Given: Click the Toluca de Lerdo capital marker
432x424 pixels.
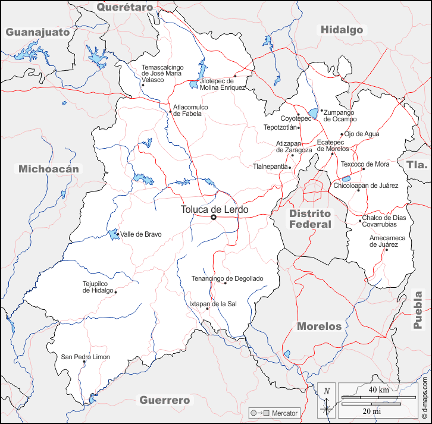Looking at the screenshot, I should tap(214, 217).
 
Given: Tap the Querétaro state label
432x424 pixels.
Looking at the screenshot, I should tap(125, 7).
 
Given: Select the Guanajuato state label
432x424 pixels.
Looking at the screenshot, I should tap(38, 32).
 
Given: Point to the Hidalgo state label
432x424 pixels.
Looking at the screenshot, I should tap(342, 30).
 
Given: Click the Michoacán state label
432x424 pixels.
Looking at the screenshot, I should tap(48, 169).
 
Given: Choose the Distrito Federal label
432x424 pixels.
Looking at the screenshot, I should tap(310, 219).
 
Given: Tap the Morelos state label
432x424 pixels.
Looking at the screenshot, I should tap(319, 326).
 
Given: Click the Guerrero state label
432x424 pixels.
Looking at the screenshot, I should tap(165, 400).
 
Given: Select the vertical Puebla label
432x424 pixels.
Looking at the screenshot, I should tap(418, 310).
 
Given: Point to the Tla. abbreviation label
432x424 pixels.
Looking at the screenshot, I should tap(417, 165).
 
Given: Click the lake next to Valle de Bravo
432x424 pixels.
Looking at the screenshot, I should tap(113, 234).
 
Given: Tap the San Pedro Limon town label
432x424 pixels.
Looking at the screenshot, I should tap(86, 357).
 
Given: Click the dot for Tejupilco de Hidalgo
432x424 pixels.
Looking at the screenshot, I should tap(115, 292).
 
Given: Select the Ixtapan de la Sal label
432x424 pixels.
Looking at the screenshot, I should tap(212, 303).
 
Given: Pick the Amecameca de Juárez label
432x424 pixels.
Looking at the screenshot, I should tap(387, 241).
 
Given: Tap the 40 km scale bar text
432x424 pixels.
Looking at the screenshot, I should tap(378, 390).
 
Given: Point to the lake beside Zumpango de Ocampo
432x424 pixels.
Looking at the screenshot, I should tap(313, 112).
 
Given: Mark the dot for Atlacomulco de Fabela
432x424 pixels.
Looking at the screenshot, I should tap(170, 111).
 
